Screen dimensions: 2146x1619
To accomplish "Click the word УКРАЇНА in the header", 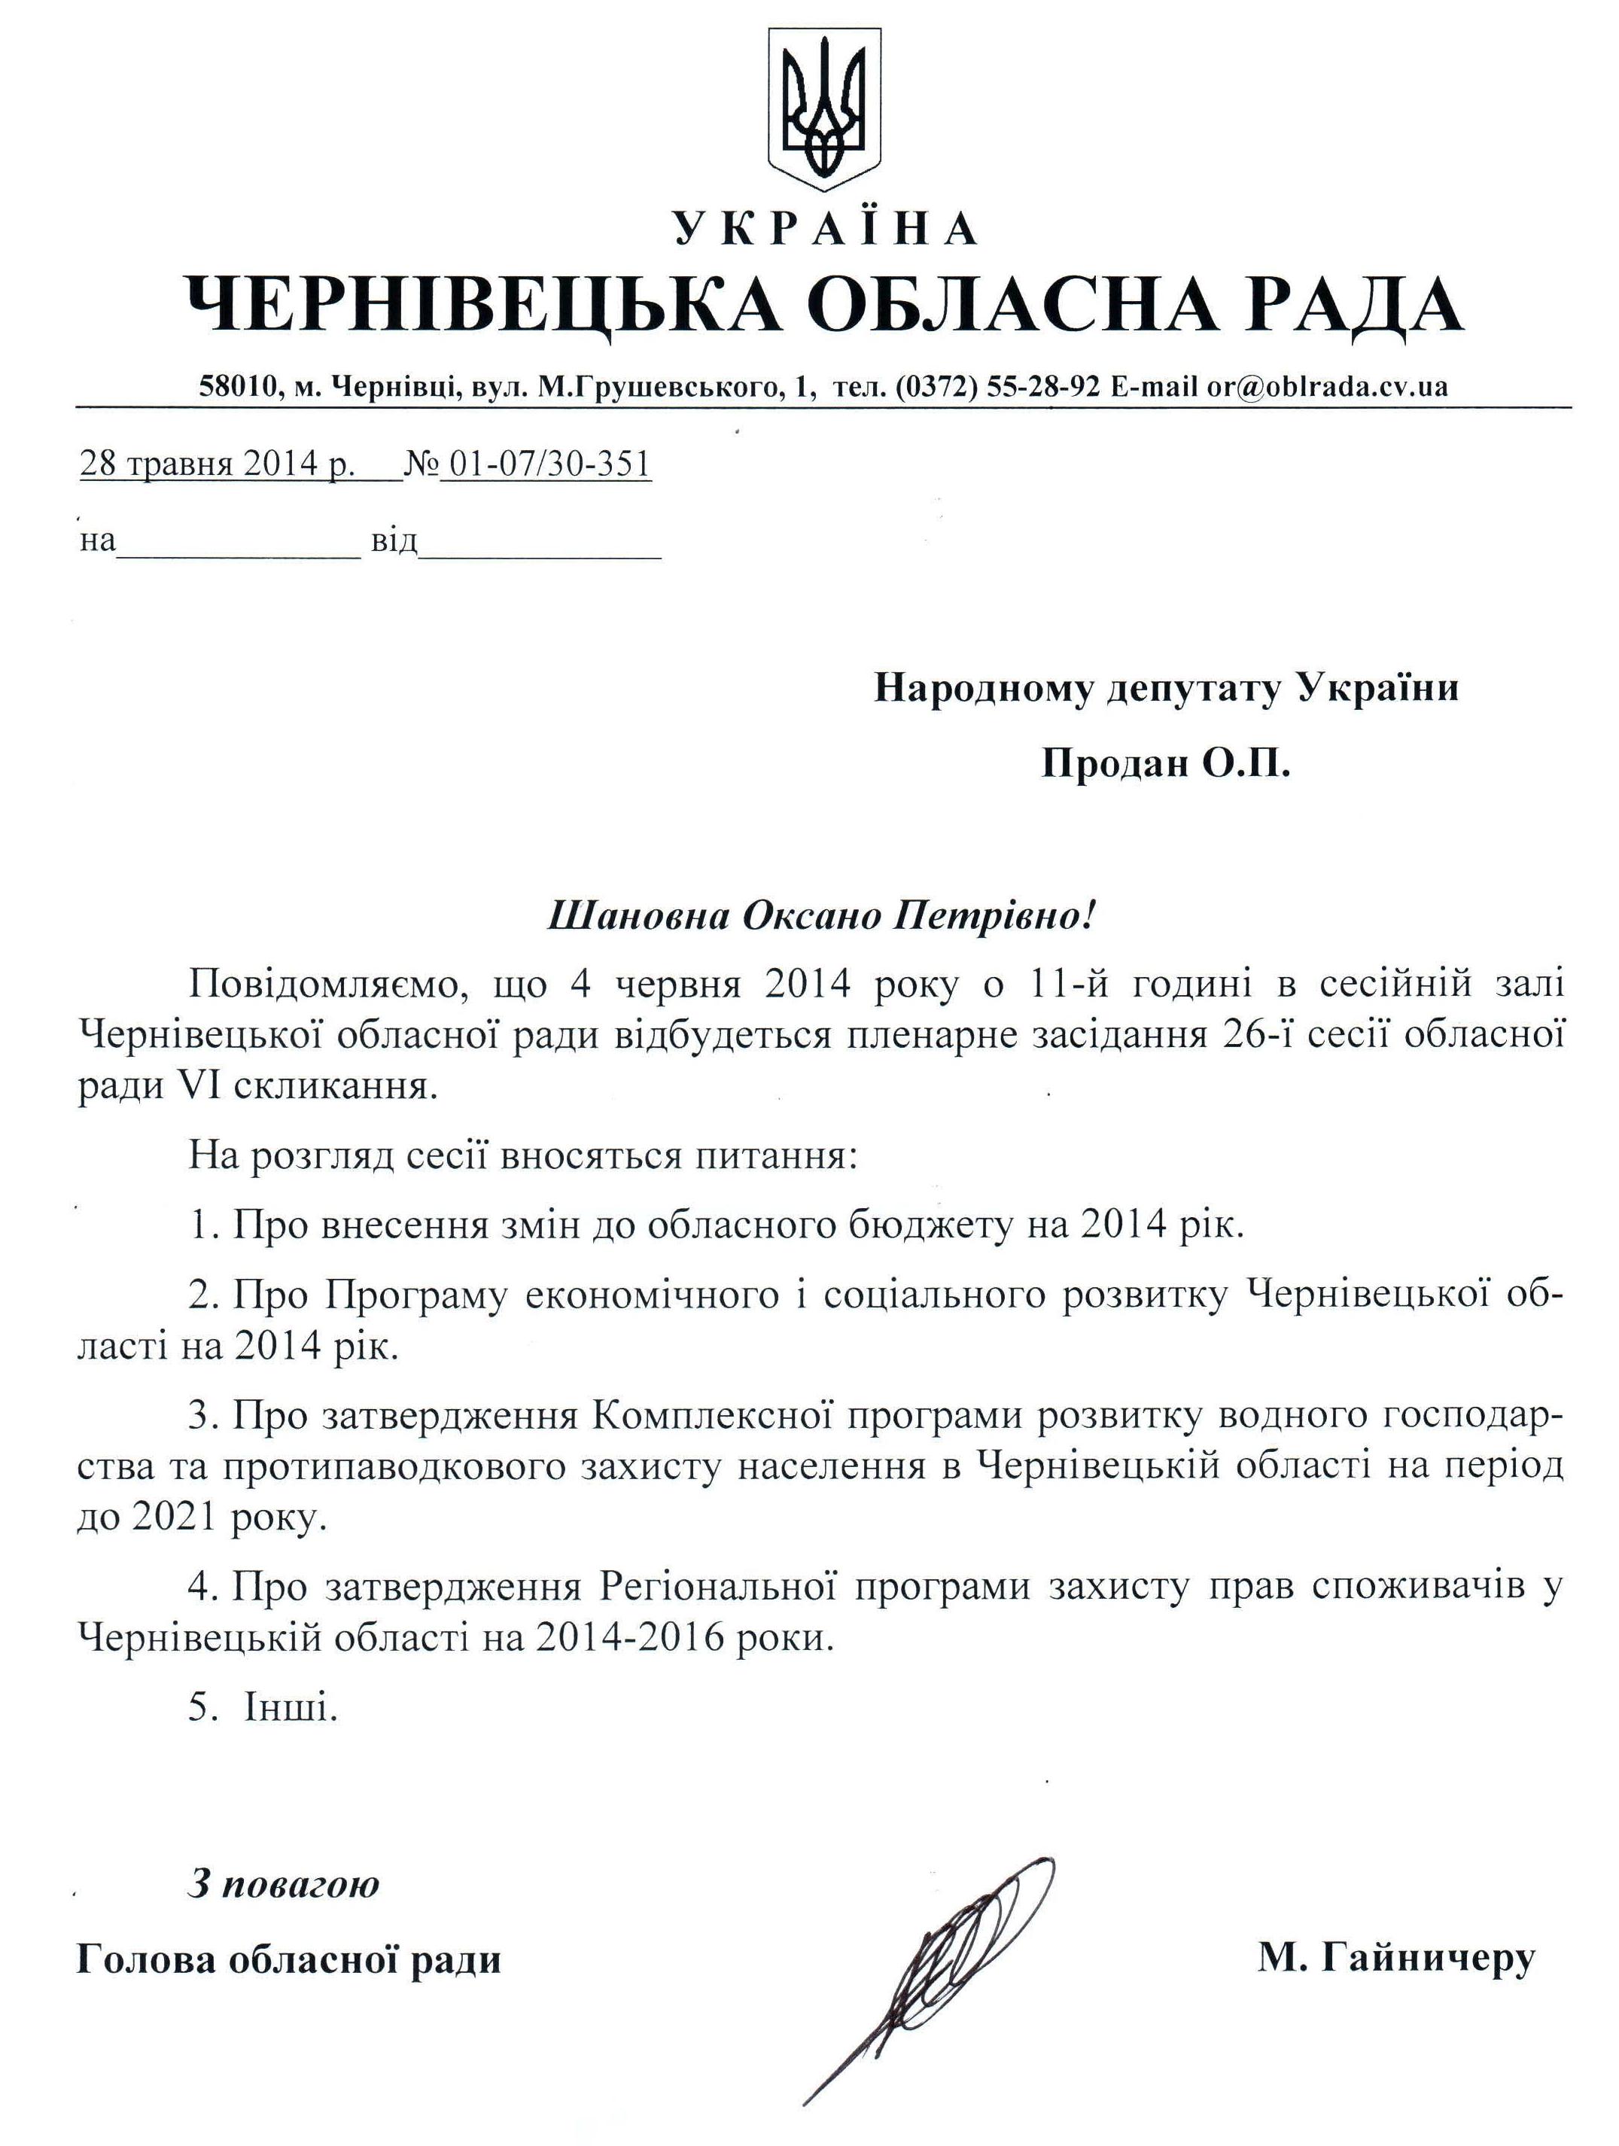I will (x=824, y=229).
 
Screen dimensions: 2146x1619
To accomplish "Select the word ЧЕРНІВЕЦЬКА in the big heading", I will (x=482, y=303).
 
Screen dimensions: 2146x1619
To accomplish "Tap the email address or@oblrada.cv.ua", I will (x=1326, y=387).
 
